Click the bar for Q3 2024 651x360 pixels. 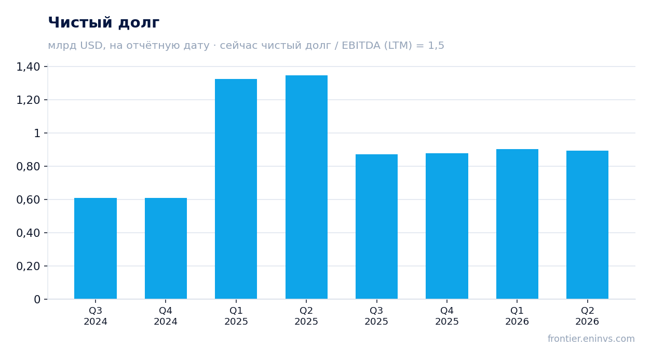pyautogui.click(x=96, y=248)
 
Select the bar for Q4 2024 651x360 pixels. pyautogui.click(x=166, y=248)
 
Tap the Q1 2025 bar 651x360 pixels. pyautogui.click(x=236, y=189)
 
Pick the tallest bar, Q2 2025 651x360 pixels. pyautogui.click(x=306, y=187)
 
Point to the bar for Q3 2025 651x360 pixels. pyautogui.click(x=377, y=226)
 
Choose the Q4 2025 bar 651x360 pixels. pyautogui.click(x=447, y=226)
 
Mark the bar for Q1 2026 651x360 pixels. pyautogui.click(x=517, y=224)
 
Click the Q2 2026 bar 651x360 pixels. pyautogui.click(x=587, y=225)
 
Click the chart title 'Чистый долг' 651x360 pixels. pyautogui.click(x=103, y=23)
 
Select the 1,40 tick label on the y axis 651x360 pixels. pyautogui.click(x=28, y=67)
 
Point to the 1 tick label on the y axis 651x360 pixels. pyautogui.click(x=37, y=134)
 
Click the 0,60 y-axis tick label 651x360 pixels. pyautogui.click(x=28, y=200)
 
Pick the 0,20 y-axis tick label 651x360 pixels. pyautogui.click(x=28, y=266)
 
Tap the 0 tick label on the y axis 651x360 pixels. pyautogui.click(x=37, y=300)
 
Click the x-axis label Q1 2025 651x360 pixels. pyautogui.click(x=236, y=316)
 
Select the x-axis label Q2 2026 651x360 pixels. pyautogui.click(x=587, y=316)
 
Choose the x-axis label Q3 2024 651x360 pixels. pyautogui.click(x=96, y=316)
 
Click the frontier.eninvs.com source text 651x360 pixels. pyautogui.click(x=591, y=339)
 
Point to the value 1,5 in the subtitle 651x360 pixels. pyautogui.click(x=436, y=45)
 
